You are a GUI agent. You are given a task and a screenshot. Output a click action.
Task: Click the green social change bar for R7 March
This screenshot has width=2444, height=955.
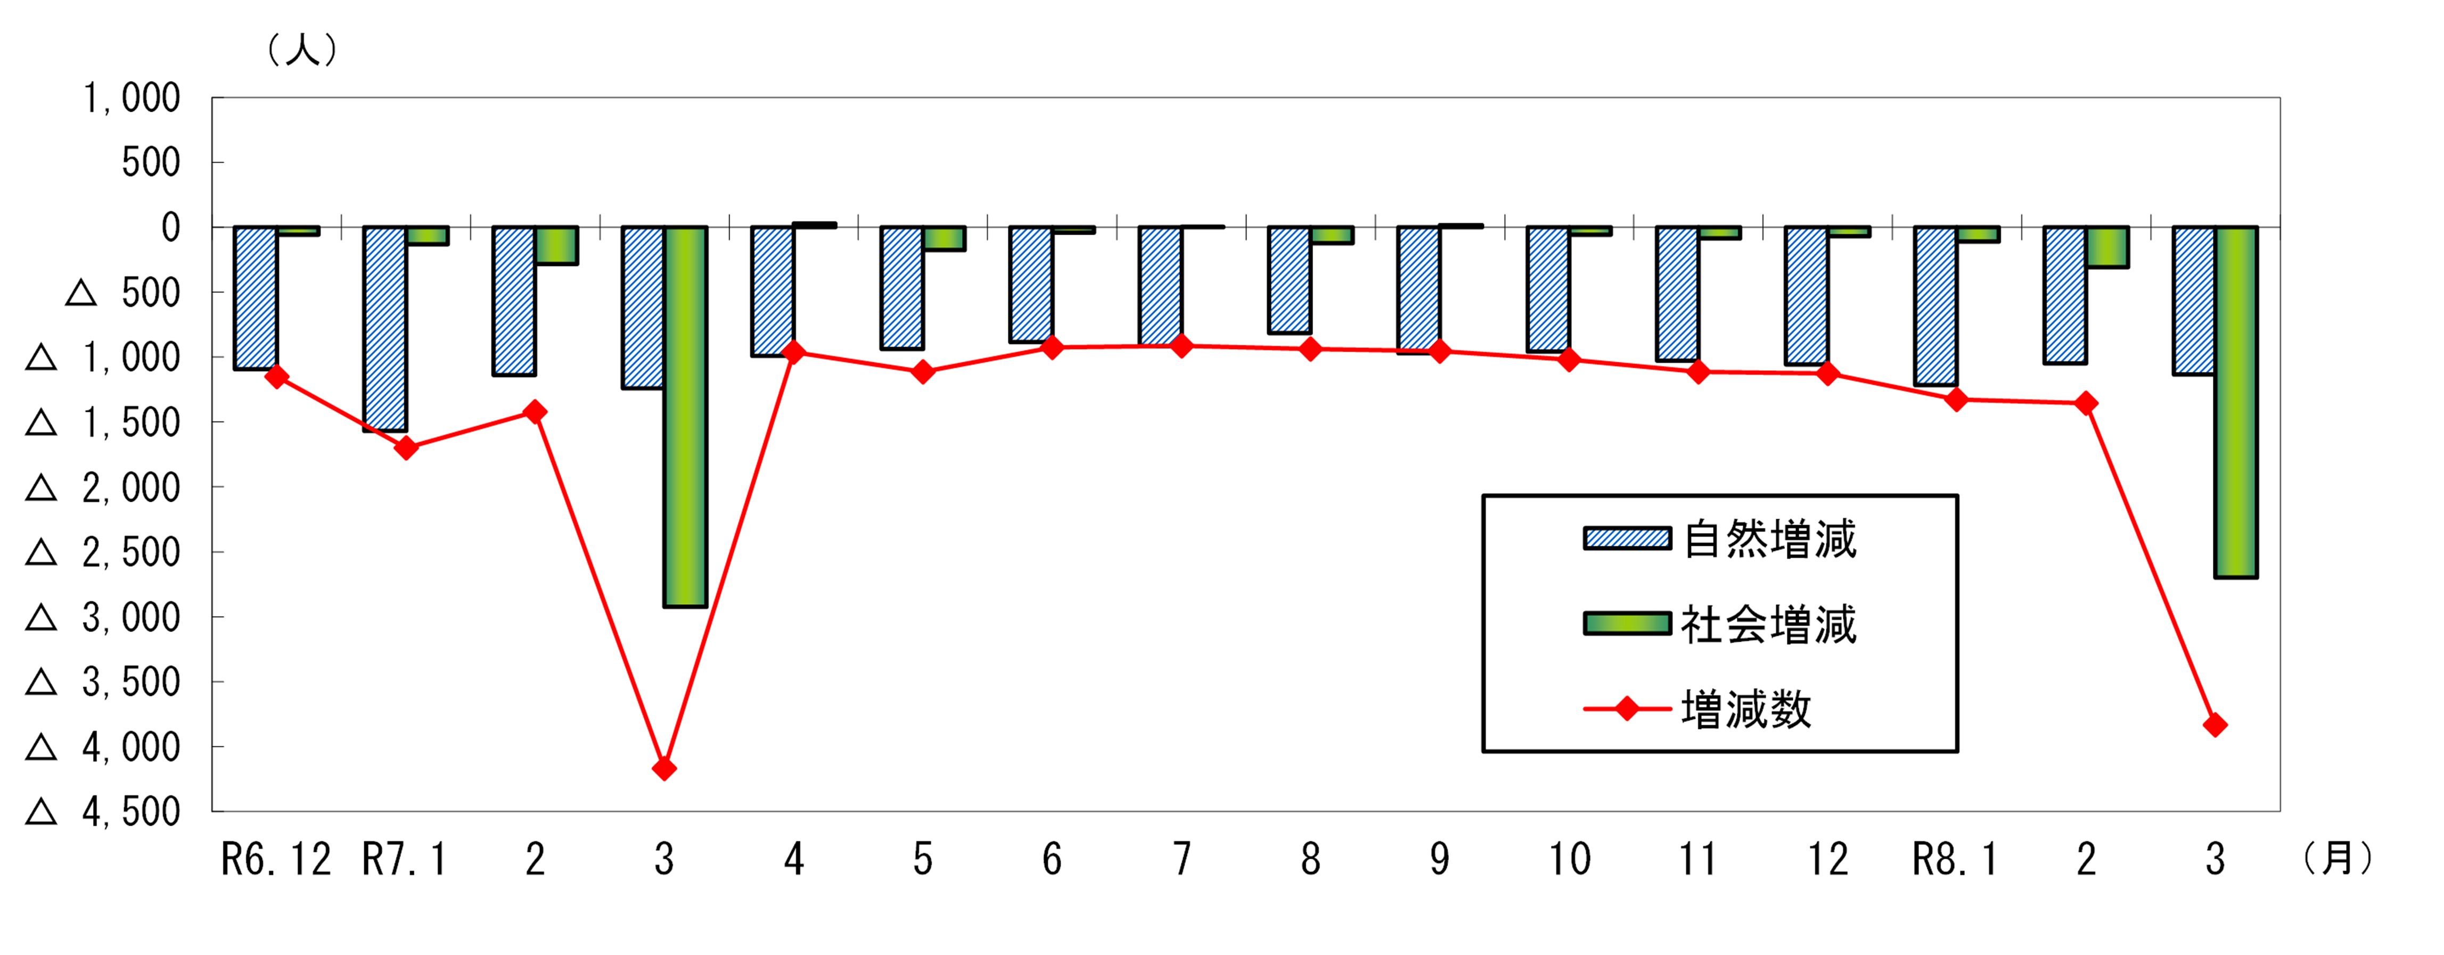click(685, 417)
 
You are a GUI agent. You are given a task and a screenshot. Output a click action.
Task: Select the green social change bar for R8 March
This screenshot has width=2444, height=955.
click(2236, 402)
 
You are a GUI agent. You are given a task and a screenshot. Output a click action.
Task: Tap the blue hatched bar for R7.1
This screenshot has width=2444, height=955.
click(385, 329)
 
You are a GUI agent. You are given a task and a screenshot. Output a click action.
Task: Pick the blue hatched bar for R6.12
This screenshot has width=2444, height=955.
click(255, 298)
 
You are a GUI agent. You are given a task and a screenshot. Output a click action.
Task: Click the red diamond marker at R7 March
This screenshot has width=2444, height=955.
click(664, 768)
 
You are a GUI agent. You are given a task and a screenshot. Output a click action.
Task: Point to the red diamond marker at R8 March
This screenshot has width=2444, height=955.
click(2216, 726)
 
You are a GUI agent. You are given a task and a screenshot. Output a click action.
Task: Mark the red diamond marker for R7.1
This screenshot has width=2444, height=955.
click(406, 447)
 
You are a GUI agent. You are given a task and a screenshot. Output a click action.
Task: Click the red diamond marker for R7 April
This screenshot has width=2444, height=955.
click(794, 353)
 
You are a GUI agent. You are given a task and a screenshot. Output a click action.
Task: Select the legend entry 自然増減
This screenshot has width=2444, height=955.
click(1719, 538)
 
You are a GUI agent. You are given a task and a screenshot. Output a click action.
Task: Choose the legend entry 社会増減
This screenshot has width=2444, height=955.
click(1719, 624)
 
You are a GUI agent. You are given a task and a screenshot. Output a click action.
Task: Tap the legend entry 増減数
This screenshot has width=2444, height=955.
click(1697, 709)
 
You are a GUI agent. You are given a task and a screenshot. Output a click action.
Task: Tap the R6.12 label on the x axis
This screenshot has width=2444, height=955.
click(276, 859)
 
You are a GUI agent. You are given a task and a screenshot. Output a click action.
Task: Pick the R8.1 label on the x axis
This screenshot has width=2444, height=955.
click(1955, 859)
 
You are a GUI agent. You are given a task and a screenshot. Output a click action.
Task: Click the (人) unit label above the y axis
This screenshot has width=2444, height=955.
click(302, 49)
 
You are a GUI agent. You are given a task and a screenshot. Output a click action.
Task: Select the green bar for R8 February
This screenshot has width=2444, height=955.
click(2107, 246)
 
